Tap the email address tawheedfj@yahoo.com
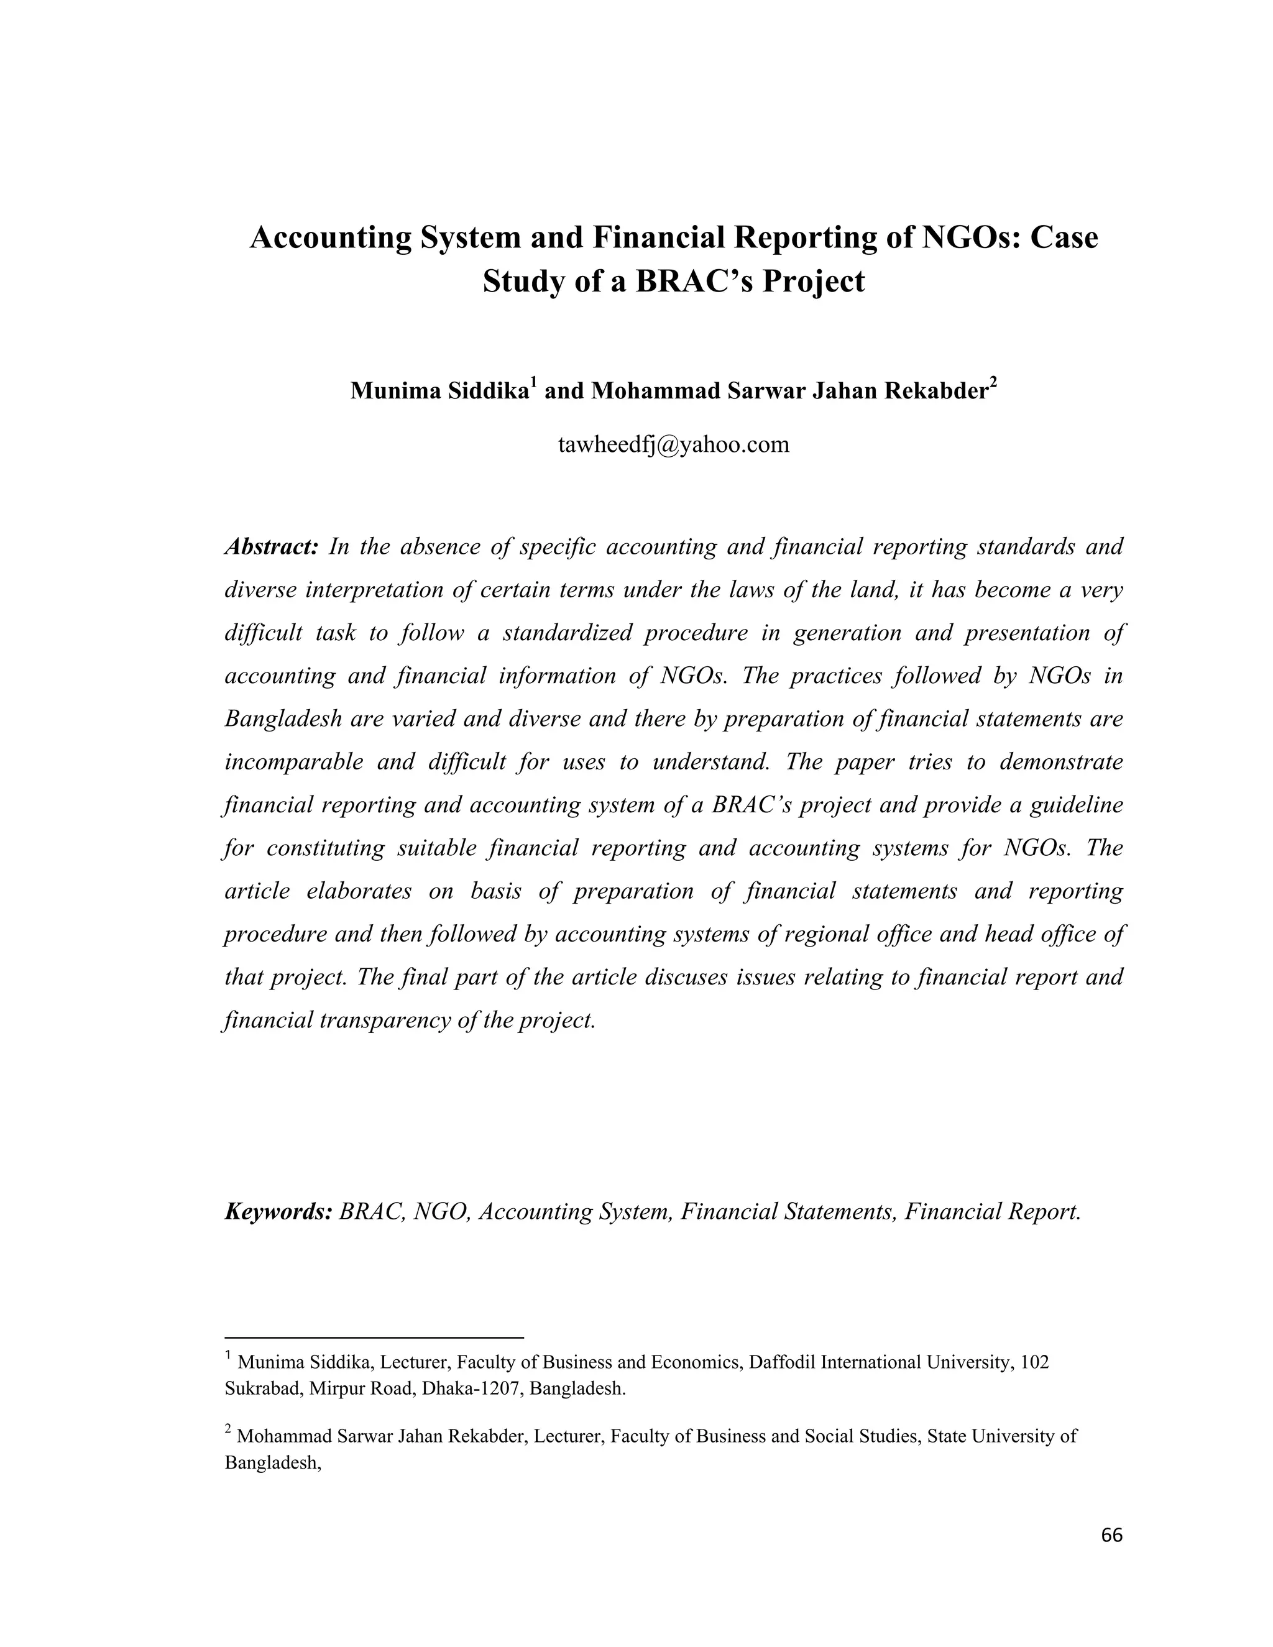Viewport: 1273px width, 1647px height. [673, 444]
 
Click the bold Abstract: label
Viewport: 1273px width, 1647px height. [272, 546]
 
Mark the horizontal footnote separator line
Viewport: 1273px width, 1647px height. [374, 1337]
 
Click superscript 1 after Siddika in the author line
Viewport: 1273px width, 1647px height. [533, 385]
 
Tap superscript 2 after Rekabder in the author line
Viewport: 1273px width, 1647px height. [993, 385]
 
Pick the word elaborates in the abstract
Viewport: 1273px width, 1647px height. [359, 891]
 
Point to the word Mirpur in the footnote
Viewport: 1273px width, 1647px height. [337, 1388]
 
